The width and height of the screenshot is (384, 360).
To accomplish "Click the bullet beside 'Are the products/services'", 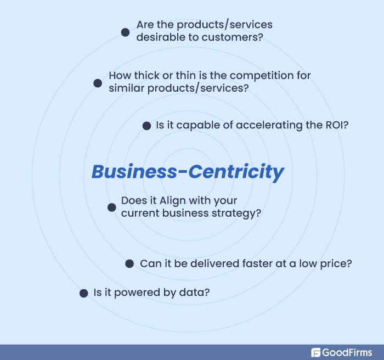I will tap(125, 32).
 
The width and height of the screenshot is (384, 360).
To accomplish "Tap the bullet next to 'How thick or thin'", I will tap(98, 83).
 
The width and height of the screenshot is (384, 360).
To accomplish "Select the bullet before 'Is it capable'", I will tap(146, 126).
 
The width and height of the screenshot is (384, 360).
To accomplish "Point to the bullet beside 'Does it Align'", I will tap(111, 207).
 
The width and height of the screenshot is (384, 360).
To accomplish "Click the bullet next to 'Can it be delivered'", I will tap(129, 263).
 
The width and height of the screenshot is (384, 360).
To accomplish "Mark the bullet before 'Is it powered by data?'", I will tap(83, 293).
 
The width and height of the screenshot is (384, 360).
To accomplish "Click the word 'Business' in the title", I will tap(135, 171).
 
